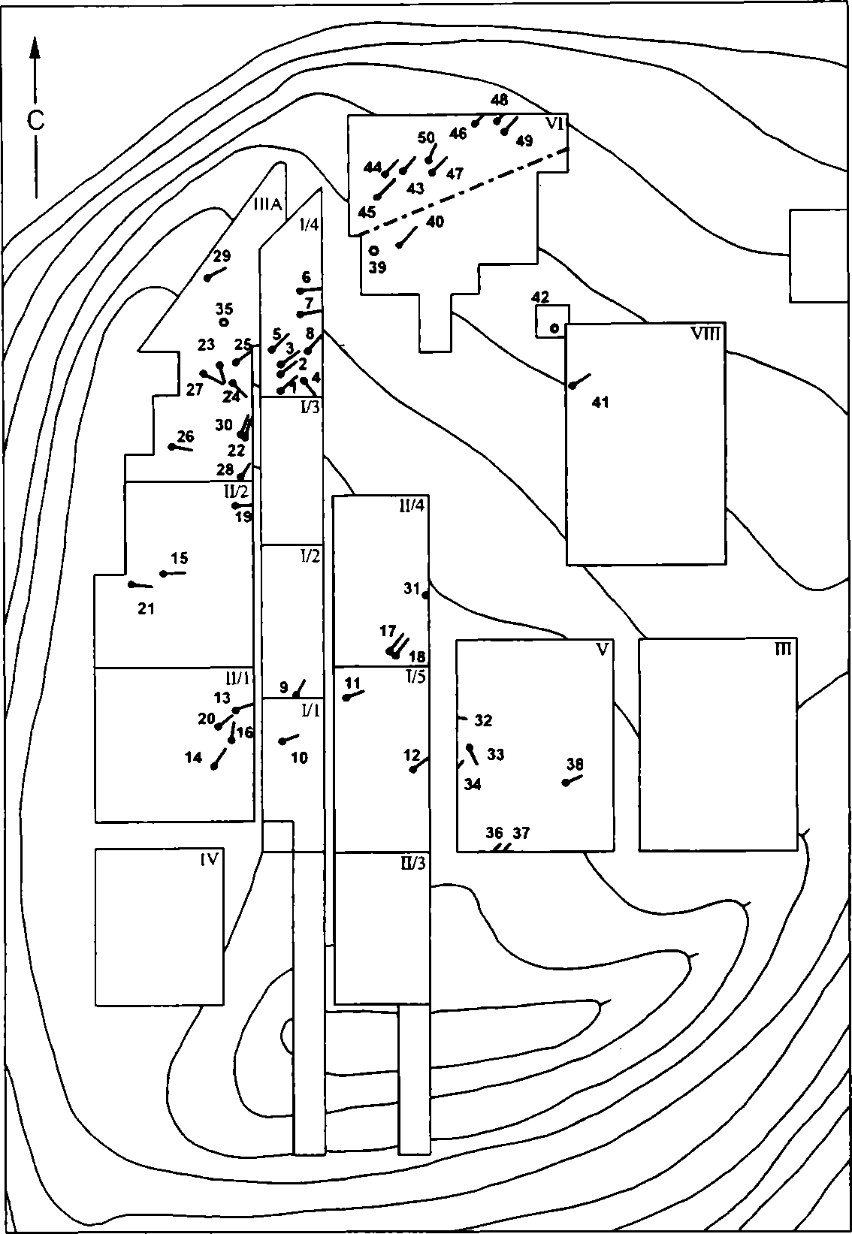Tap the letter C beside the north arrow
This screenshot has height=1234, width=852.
point(36,121)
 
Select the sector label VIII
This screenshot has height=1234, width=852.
point(706,333)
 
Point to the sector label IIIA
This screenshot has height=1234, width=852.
point(267,206)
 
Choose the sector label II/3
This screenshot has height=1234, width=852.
point(413,863)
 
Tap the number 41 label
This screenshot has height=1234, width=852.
point(600,403)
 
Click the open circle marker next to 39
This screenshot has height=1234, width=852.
point(373,251)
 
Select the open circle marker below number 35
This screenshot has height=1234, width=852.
point(224,322)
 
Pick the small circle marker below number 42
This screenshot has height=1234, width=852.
point(555,328)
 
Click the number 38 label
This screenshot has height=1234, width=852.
point(575,764)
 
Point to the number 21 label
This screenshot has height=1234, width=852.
point(146,608)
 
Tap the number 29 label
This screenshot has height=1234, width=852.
point(222,256)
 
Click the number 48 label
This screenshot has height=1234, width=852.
point(500,100)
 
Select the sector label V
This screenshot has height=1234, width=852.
point(603,650)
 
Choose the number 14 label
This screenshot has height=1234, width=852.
point(193,758)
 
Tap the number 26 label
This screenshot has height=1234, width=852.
point(186,436)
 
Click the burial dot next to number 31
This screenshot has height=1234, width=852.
point(425,595)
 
